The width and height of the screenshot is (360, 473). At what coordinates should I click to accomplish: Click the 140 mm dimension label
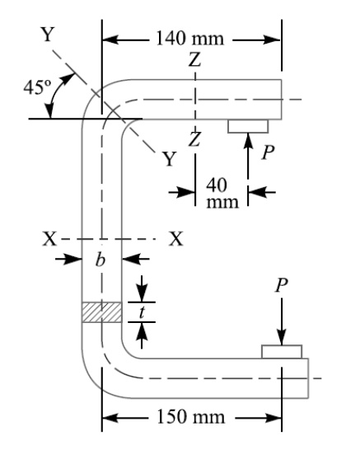pos(190,40)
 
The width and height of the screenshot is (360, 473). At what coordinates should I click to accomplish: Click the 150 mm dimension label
pos(191,417)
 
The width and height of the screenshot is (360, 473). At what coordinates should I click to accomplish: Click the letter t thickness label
pos(142,312)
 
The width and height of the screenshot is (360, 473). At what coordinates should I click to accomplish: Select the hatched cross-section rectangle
pos(101,312)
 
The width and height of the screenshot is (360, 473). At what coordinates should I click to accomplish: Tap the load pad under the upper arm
pos(248,124)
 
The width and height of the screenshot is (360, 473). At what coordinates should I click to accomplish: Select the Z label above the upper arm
pos(194,60)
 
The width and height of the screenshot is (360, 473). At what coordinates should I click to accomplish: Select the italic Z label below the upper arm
pos(194,139)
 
